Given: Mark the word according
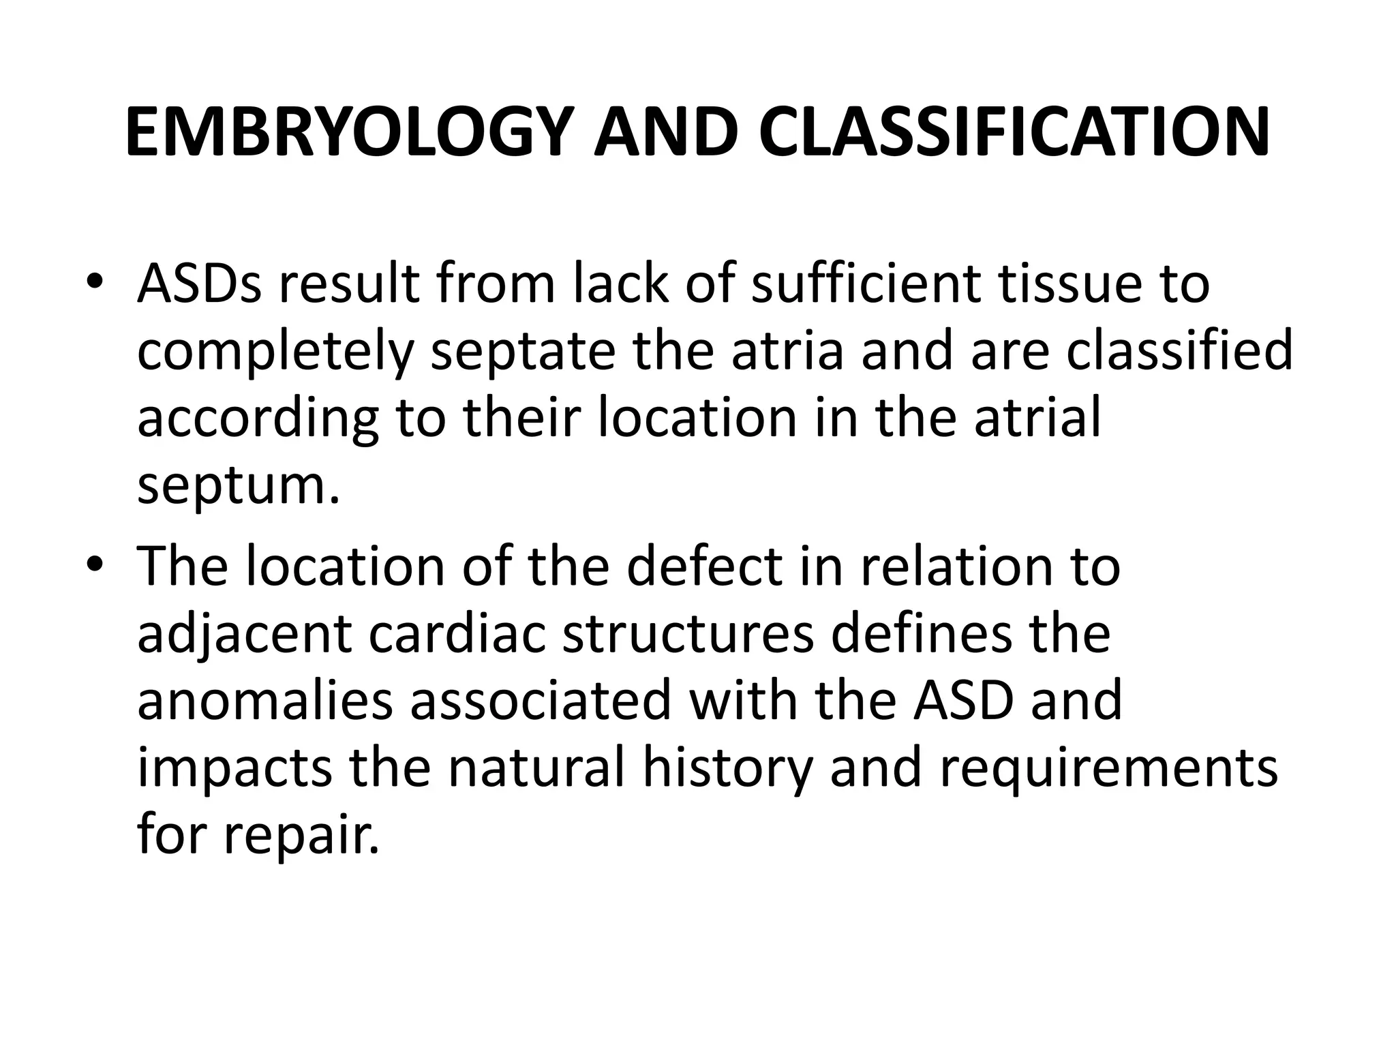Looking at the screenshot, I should click(x=258, y=420).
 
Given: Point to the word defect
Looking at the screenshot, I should click(x=705, y=566).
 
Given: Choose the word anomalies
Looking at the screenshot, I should click(x=266, y=701).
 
